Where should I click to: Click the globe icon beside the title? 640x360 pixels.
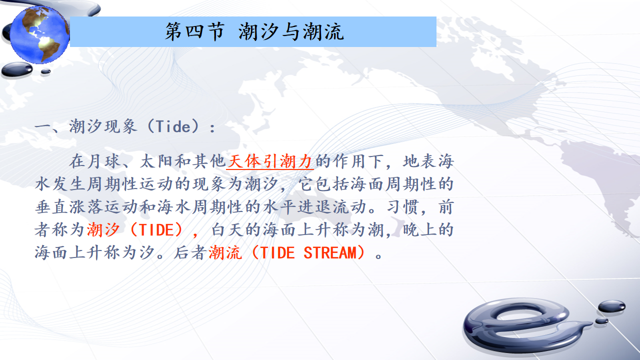[39, 34]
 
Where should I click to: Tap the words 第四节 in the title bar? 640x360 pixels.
[195, 31]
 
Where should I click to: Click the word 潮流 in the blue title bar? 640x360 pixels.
[323, 31]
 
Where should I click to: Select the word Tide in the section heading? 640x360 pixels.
[173, 126]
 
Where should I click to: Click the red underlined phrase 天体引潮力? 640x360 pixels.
[270, 161]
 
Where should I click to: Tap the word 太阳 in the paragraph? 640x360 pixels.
[157, 161]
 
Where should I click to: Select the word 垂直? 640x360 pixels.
[51, 207]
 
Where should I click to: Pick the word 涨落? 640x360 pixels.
[86, 207]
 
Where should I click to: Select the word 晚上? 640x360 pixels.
[420, 229]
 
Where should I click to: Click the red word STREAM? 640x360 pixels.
[330, 253]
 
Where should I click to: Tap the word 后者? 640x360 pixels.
[191, 253]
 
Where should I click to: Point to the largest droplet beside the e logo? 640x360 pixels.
[611, 306]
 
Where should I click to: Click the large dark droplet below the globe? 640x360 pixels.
[17, 69]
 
